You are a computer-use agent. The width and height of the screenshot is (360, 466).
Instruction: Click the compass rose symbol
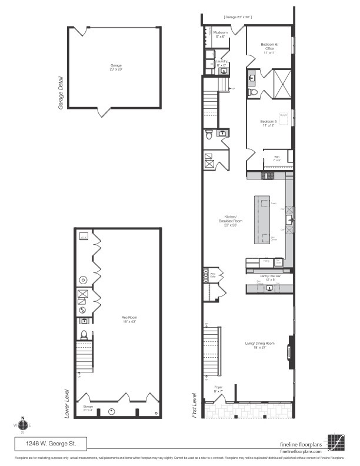22,425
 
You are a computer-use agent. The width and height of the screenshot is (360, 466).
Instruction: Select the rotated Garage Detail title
61,96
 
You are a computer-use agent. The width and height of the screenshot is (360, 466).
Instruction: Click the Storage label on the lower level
88,408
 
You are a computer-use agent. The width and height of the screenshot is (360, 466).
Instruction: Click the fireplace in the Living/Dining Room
289,351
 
